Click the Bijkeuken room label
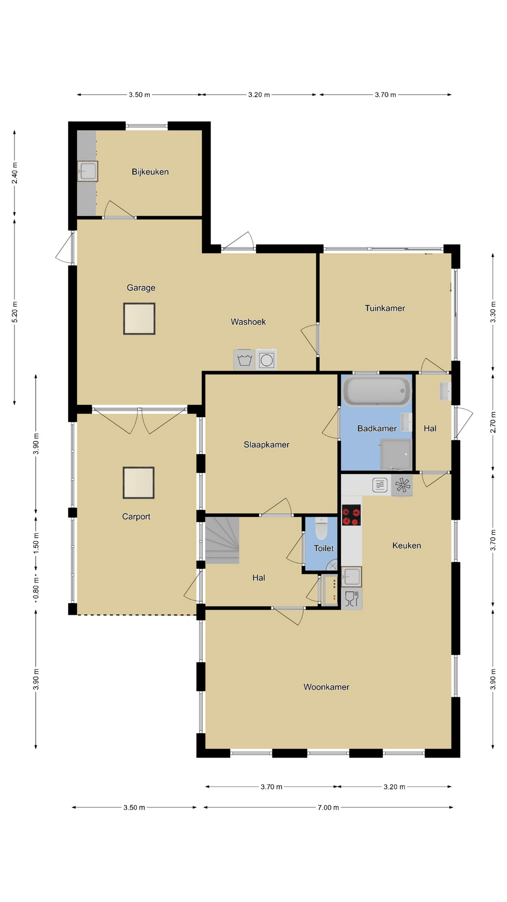point(150,172)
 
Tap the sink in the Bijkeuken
point(88,171)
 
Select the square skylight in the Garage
point(139,319)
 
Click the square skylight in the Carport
point(138,482)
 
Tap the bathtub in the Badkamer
point(376,391)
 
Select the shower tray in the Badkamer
point(396,454)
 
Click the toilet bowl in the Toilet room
point(322,529)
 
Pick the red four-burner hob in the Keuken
point(351,515)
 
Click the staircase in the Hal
point(222,540)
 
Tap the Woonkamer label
point(326,687)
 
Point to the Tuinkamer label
point(385,308)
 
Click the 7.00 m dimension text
point(328,808)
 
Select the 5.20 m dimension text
point(15,312)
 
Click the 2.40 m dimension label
point(15,173)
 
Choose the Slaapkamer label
point(267,444)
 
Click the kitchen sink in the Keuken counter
point(352,576)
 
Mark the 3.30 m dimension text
point(493,312)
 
